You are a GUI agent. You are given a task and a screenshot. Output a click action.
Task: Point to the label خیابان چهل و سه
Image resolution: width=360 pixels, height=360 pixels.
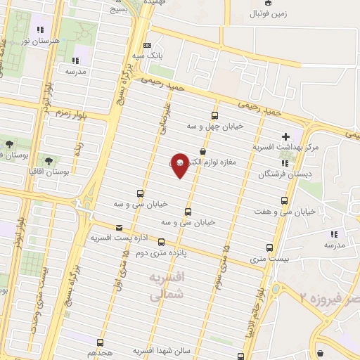(x=214, y=127)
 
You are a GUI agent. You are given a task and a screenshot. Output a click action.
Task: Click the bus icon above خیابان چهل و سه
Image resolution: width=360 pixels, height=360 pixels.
(x=214, y=116)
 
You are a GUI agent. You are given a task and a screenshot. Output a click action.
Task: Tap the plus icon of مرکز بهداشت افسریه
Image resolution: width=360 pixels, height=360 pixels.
(x=285, y=136)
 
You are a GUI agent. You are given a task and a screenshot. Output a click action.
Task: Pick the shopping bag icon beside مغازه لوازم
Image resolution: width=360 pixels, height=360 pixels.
(x=203, y=151)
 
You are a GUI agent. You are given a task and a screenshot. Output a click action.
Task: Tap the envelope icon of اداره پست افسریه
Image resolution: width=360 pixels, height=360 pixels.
(x=119, y=227)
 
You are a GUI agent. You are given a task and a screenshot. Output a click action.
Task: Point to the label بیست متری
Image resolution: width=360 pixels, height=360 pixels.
(x=270, y=259)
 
